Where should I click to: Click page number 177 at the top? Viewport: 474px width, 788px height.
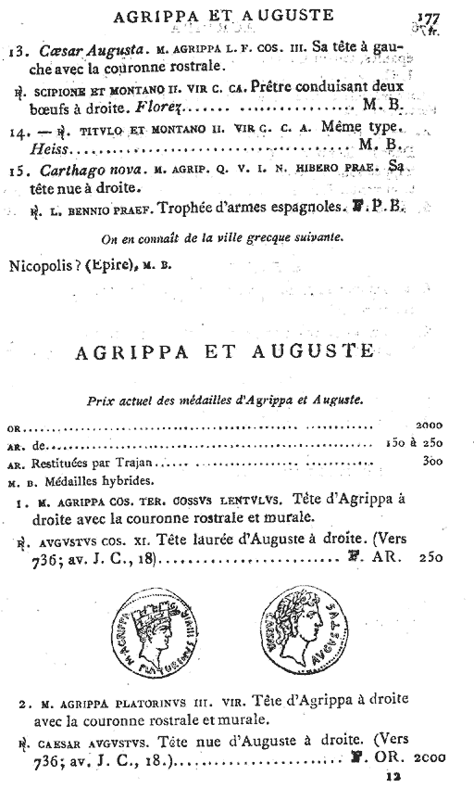[x=427, y=18]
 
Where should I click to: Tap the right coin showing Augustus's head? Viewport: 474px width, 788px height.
[x=308, y=639]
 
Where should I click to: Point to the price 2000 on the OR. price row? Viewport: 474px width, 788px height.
[x=430, y=426]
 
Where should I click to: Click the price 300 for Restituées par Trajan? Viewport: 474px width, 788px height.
[x=432, y=461]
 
